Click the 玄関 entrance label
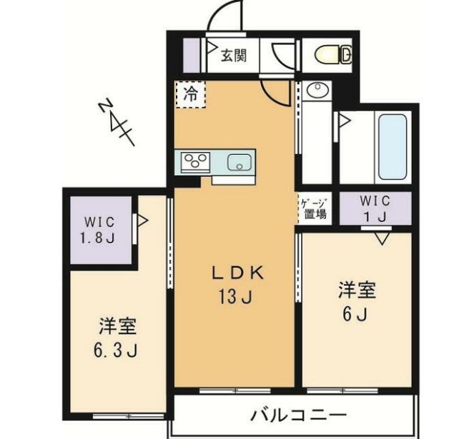(x=234, y=55)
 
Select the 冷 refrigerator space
(x=189, y=94)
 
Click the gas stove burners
(x=194, y=162)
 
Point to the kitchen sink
(x=238, y=162)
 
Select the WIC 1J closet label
(x=375, y=208)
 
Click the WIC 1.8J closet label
(x=99, y=230)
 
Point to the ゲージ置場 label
(x=313, y=207)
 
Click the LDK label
(x=237, y=272)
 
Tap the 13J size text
(x=237, y=295)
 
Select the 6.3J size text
(x=117, y=350)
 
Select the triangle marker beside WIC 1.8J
(x=142, y=222)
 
